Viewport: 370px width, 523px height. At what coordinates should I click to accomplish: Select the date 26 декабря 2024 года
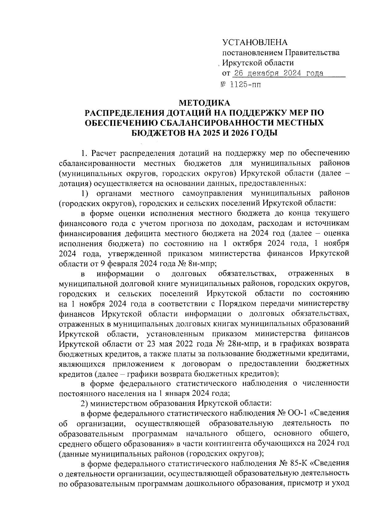278,73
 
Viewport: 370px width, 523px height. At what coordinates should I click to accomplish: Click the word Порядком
237,304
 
